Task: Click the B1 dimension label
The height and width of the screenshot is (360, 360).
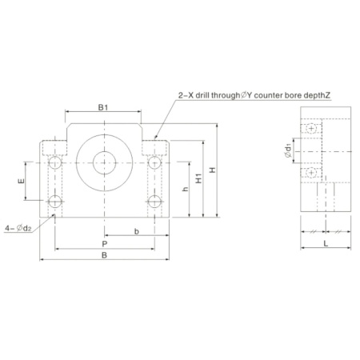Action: point(103,107)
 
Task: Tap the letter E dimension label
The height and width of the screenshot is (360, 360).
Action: point(21,181)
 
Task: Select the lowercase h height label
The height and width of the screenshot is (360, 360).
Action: point(185,189)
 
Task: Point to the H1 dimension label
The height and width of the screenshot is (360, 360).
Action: point(198,178)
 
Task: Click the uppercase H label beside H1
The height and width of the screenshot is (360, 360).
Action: point(212,170)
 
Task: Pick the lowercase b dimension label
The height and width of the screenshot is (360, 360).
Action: point(137,231)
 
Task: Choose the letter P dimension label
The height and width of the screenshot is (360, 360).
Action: point(105,244)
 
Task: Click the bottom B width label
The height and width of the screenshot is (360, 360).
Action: point(104,255)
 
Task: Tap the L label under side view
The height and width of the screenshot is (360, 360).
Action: point(326,243)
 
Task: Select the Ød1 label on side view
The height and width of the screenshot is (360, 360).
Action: point(288,151)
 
